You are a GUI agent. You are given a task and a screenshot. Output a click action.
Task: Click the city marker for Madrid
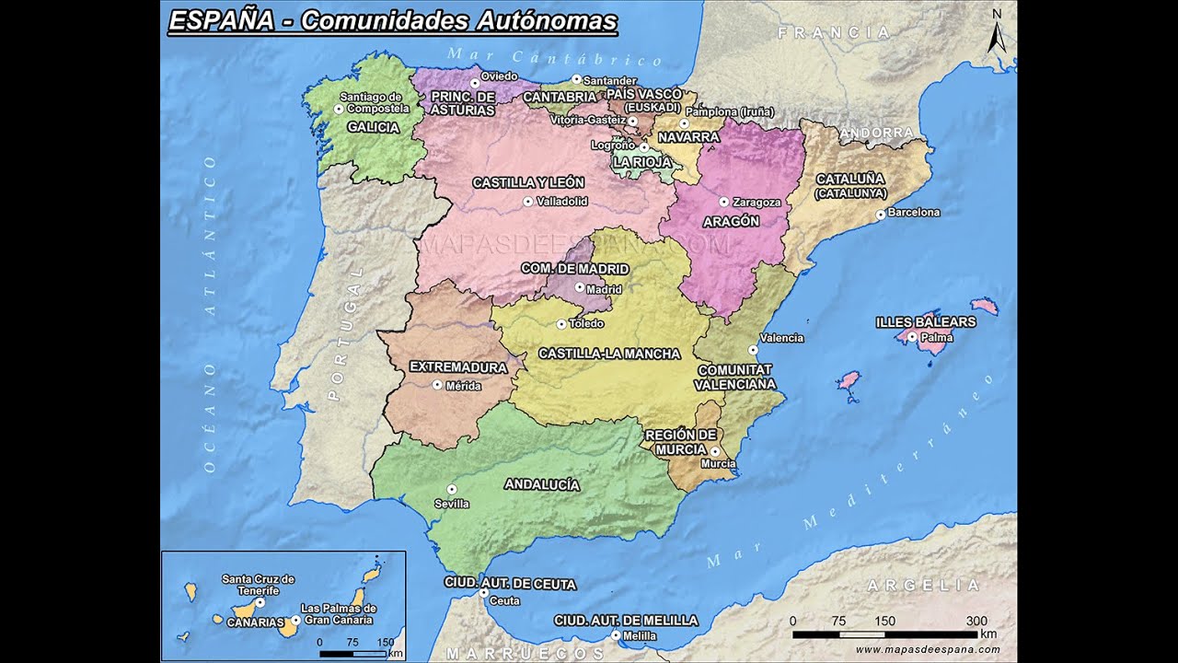pyautogui.click(x=579, y=287)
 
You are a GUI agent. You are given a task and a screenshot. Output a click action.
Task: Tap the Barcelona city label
pyautogui.click(x=914, y=213)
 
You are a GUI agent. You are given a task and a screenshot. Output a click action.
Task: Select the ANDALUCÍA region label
pyautogui.click(x=542, y=484)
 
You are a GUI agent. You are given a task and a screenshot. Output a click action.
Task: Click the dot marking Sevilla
pyautogui.click(x=451, y=489)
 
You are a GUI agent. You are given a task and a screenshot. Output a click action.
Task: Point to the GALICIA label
pyautogui.click(x=373, y=128)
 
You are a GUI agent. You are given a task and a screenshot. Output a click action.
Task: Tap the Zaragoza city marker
pyautogui.click(x=723, y=202)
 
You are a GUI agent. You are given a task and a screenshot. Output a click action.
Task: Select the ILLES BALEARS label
pyautogui.click(x=925, y=322)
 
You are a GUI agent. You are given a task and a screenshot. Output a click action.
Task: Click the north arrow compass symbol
pyautogui.click(x=996, y=33)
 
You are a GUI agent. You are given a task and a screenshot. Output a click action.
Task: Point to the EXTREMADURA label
pyautogui.click(x=458, y=367)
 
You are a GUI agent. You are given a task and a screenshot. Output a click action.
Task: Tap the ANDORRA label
pyautogui.click(x=876, y=134)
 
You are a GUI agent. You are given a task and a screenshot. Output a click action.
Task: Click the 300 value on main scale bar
pyautogui.click(x=976, y=621)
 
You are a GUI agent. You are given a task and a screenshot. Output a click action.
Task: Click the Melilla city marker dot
pyautogui.click(x=615, y=635)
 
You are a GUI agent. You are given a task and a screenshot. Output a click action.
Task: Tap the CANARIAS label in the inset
pyautogui.click(x=255, y=623)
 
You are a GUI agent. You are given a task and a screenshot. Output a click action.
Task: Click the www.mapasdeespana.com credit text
pyautogui.click(x=927, y=649)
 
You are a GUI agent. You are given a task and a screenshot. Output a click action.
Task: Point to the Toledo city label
pyautogui.click(x=586, y=324)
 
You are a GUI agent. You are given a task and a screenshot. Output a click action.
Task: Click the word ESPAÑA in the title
pyautogui.click(x=221, y=20)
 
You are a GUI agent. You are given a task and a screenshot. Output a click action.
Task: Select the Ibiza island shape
pyautogui.click(x=847, y=382)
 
